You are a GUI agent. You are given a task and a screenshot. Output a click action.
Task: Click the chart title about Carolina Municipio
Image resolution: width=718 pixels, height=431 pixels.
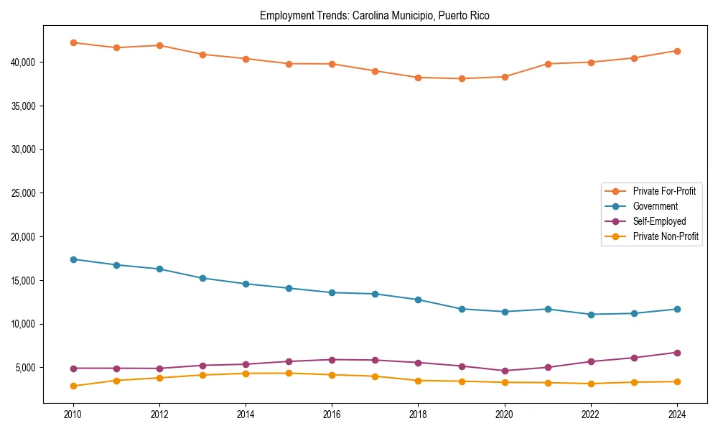(x=375, y=15)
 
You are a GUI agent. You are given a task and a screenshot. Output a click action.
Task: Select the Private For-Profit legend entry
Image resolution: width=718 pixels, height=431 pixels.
(x=664, y=191)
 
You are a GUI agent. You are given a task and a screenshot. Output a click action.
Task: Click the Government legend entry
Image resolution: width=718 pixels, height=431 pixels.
(x=655, y=206)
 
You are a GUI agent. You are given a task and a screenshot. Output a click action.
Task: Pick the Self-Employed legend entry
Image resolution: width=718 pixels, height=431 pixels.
(x=659, y=221)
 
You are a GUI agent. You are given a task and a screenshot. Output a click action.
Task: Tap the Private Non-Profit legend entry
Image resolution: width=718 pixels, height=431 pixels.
(x=666, y=236)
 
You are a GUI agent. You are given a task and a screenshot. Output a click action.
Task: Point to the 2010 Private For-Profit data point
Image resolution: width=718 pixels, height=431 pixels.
(x=73, y=42)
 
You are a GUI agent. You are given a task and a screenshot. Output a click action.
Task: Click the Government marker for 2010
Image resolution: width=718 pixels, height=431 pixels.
(x=73, y=259)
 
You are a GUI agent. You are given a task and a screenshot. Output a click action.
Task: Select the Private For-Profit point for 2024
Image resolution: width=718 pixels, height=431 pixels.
(x=677, y=51)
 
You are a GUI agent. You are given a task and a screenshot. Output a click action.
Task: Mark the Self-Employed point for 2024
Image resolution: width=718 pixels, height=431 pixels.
(x=677, y=353)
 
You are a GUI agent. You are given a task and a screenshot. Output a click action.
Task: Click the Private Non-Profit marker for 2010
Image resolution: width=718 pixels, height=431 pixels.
(x=73, y=386)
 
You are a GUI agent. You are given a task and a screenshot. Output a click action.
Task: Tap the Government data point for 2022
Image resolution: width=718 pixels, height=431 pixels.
(x=591, y=315)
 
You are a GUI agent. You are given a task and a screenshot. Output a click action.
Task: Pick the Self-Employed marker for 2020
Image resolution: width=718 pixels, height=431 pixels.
(x=505, y=371)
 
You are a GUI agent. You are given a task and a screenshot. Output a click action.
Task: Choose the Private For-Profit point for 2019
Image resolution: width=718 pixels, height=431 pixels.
(x=462, y=78)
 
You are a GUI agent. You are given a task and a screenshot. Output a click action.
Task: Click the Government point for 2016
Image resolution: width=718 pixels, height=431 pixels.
(x=332, y=292)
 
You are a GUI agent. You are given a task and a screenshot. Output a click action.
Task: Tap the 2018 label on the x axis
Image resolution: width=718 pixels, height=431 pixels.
(x=418, y=414)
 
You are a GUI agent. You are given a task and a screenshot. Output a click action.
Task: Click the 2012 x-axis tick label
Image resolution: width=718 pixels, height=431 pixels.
(x=159, y=414)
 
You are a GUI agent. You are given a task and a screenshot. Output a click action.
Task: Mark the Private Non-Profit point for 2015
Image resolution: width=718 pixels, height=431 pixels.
(x=289, y=373)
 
